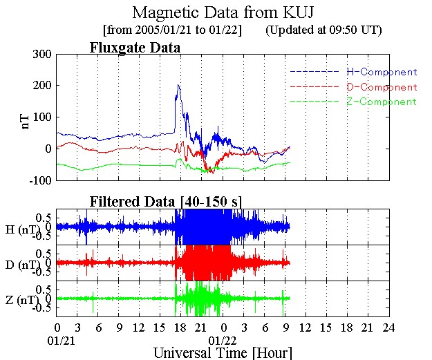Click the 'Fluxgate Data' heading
click(x=135, y=48)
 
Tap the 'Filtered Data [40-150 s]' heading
click(x=165, y=201)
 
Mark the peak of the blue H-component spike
click(x=178, y=85)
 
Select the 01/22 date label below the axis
click(x=223, y=339)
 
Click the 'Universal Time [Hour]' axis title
click(x=223, y=352)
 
